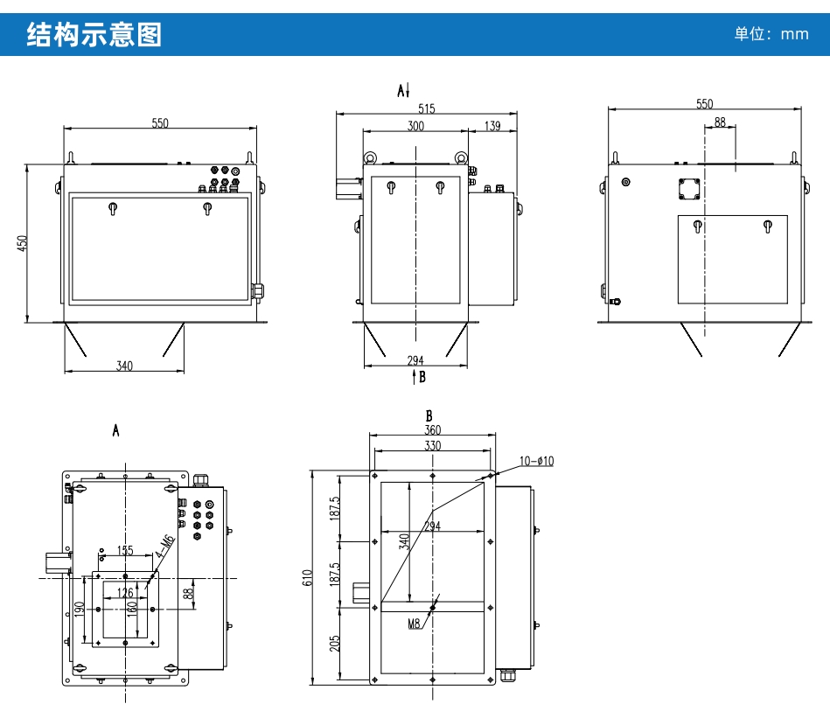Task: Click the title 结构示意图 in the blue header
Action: pyautogui.click(x=94, y=35)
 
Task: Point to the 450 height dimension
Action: pyautogui.click(x=24, y=242)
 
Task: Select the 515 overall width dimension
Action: pyautogui.click(x=426, y=108)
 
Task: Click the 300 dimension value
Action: pyautogui.click(x=415, y=127)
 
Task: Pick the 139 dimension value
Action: pyautogui.click(x=492, y=127)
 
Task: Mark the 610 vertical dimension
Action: pyautogui.click(x=307, y=577)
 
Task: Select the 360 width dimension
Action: pyautogui.click(x=432, y=430)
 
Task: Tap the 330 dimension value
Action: pyautogui.click(x=432, y=445)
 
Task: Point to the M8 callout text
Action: pyautogui.click(x=415, y=624)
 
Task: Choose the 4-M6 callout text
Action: pyautogui.click(x=164, y=548)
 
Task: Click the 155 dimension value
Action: pyautogui.click(x=125, y=551)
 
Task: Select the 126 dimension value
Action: pyautogui.click(x=125, y=593)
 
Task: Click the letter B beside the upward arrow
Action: pyautogui.click(x=422, y=378)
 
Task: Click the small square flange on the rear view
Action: pyautogui.click(x=690, y=189)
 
